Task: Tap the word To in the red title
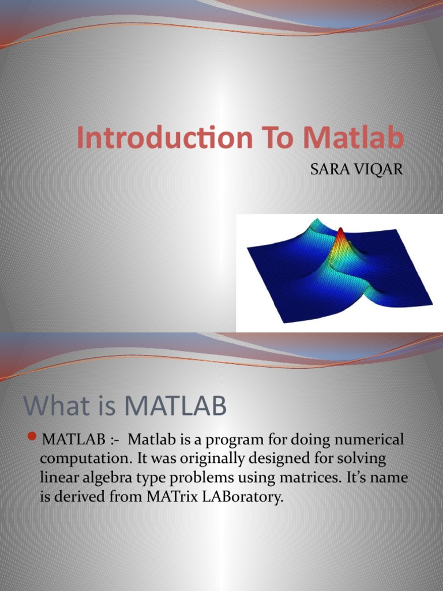[271, 139]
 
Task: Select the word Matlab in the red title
[354, 139]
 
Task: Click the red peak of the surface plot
[340, 235]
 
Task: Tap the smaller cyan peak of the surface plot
[314, 222]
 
